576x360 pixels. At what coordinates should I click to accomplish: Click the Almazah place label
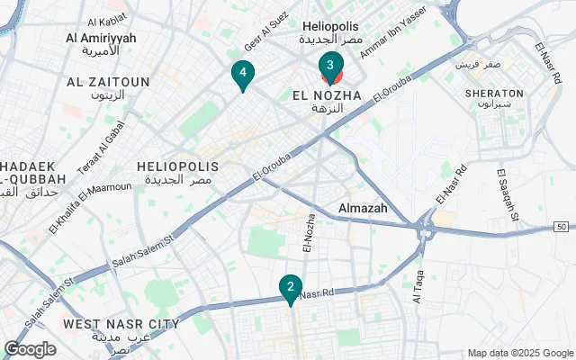[364, 208]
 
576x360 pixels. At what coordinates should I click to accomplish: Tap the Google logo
[30, 349]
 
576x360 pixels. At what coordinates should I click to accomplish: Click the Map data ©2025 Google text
[519, 353]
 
